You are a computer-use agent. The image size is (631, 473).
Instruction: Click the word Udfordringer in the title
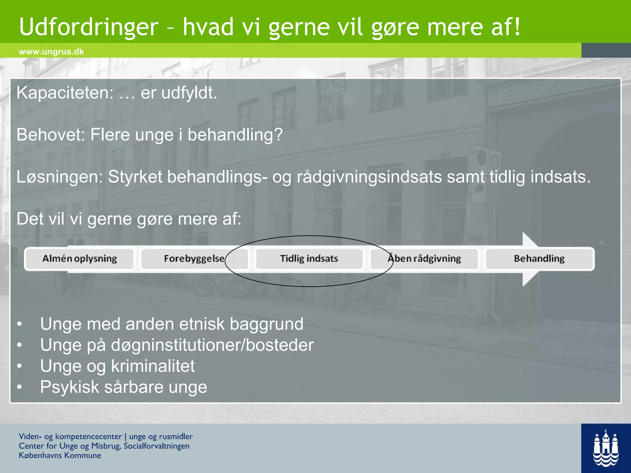point(88,27)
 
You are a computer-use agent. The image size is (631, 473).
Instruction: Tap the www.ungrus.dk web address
point(51,51)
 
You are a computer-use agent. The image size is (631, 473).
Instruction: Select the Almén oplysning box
point(79,259)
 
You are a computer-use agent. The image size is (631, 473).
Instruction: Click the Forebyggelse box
point(194,259)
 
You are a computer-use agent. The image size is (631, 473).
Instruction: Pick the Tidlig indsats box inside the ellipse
point(309,259)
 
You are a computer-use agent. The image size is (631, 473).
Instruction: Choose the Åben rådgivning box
point(424,259)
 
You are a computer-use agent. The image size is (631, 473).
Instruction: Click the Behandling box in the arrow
point(539,259)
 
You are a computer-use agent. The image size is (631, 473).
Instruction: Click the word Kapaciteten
point(65,93)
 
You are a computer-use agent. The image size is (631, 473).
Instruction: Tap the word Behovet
point(51,135)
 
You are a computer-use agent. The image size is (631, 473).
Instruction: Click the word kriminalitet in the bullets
point(153,366)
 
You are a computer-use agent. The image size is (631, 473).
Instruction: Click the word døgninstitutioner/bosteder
point(212,345)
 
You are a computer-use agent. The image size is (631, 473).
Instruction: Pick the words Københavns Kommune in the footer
point(60,455)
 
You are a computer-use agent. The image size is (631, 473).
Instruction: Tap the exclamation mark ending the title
point(517,27)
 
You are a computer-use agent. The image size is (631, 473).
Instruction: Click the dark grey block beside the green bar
point(606,50)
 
